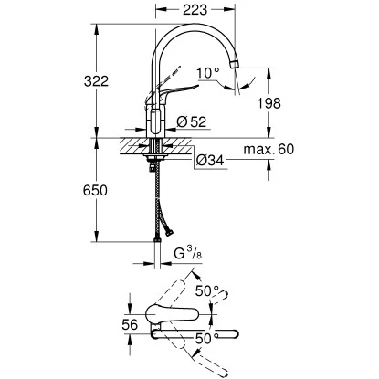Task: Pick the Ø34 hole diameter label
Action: (211, 162)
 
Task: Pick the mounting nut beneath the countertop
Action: (154, 161)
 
